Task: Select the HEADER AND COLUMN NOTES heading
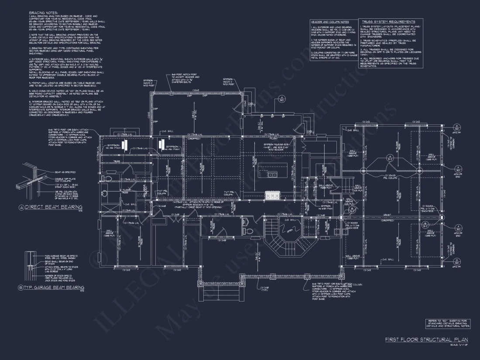click(329, 22)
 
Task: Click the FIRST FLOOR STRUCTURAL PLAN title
click(426, 339)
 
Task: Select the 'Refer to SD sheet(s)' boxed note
click(449, 323)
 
